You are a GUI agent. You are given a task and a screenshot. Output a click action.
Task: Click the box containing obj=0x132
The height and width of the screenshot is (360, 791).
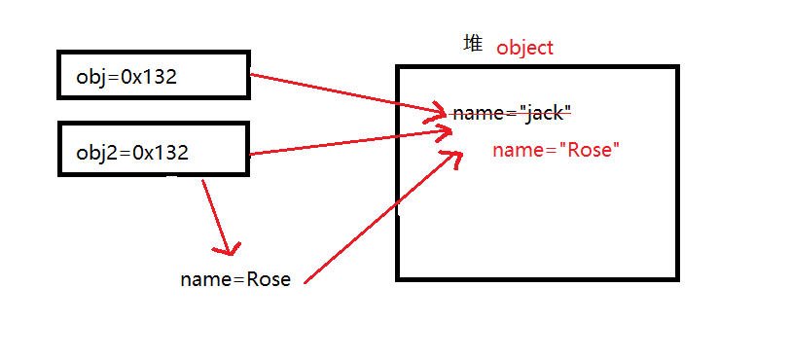click(154, 76)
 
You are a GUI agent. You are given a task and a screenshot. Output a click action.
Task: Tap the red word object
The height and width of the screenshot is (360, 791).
click(524, 47)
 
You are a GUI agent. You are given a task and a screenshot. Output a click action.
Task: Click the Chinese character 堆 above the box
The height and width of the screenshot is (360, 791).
click(473, 44)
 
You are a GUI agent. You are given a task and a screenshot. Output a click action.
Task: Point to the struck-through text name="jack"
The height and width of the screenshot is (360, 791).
click(512, 114)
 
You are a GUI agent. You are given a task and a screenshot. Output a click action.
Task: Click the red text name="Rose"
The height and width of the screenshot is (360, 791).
click(556, 150)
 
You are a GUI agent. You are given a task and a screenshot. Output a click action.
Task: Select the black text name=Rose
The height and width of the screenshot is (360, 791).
click(235, 279)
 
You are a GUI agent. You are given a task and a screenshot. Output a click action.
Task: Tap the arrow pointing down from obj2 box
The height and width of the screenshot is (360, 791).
click(216, 216)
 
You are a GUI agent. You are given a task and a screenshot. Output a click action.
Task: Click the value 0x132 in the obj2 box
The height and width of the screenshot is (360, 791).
click(161, 152)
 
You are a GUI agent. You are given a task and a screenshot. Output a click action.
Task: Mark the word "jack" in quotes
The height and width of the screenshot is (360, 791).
click(545, 114)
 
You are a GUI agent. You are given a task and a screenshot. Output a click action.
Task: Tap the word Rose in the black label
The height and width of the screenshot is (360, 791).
click(269, 279)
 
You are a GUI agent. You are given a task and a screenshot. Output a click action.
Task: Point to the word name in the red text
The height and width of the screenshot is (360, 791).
click(515, 150)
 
